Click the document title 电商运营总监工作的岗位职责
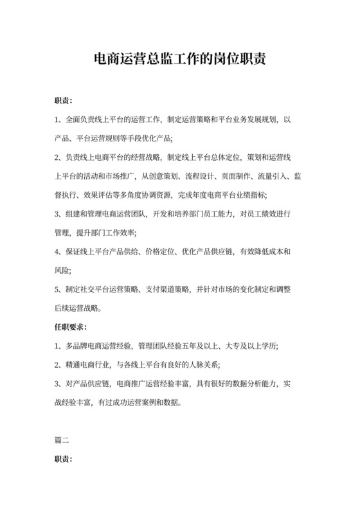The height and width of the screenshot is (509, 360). [180, 60]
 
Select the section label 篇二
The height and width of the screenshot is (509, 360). [62, 440]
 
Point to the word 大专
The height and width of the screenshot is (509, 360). [239, 346]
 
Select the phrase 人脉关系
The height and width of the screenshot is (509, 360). [203, 365]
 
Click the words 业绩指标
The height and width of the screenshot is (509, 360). [251, 193]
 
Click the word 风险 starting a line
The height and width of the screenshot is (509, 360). [62, 270]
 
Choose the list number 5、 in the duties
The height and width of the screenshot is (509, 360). [59, 289]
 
